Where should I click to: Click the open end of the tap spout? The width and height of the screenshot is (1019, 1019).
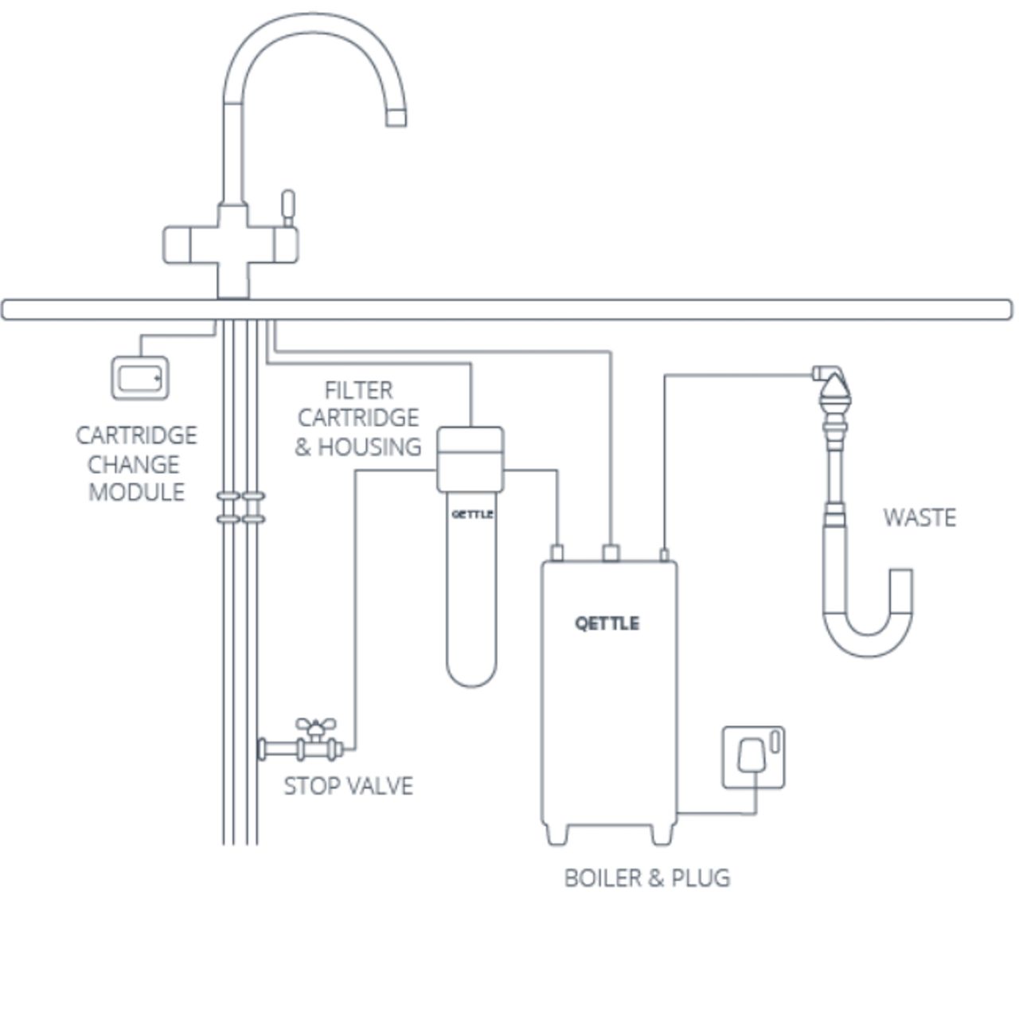pos(396,118)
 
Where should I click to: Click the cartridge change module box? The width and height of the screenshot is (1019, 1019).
pos(140,377)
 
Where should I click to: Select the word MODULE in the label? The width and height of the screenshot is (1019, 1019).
pos(136,492)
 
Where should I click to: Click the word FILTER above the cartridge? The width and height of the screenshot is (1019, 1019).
pos(358,390)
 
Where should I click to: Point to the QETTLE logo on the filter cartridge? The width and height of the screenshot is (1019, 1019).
pos(472,514)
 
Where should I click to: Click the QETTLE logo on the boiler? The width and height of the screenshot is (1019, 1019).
pos(607,623)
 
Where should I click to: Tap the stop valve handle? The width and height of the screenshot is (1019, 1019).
pos(315,727)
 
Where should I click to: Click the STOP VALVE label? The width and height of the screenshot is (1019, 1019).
pos(348,786)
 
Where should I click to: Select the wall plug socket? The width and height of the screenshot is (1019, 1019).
pos(753,757)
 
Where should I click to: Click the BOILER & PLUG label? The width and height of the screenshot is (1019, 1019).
pos(646,877)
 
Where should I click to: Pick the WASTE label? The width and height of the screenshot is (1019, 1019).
pos(919,517)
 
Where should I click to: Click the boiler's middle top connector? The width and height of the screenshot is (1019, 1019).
pos(611,552)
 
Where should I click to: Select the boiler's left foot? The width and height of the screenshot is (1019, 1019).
pos(556,834)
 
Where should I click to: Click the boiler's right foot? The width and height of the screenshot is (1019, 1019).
pos(662,834)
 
